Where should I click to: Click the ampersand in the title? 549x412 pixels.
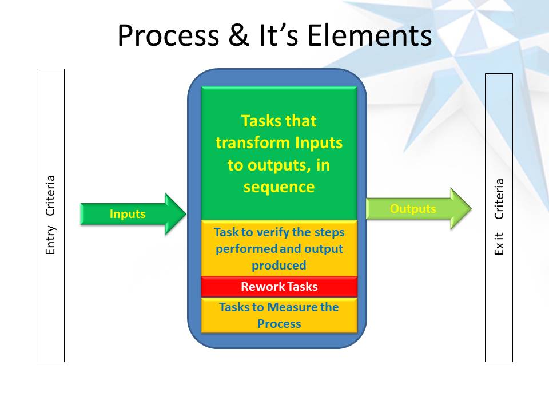coord(236,35)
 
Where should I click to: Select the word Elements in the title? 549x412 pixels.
coord(369,35)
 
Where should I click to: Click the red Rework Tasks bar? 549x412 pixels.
coord(279,287)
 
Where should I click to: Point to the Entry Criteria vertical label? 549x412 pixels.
coord(50,215)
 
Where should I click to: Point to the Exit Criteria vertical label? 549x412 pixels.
coord(499,217)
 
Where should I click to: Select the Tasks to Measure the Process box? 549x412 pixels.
coord(279,315)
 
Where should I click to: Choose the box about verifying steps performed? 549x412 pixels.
coord(279,249)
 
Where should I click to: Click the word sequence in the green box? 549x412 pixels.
coord(279,187)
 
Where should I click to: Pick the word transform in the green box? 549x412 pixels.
coord(253,143)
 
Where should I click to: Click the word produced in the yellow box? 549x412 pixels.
coord(279,266)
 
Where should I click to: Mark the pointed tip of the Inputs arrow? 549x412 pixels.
coord(185,214)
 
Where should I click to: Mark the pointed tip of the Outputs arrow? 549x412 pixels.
coord(470,209)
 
